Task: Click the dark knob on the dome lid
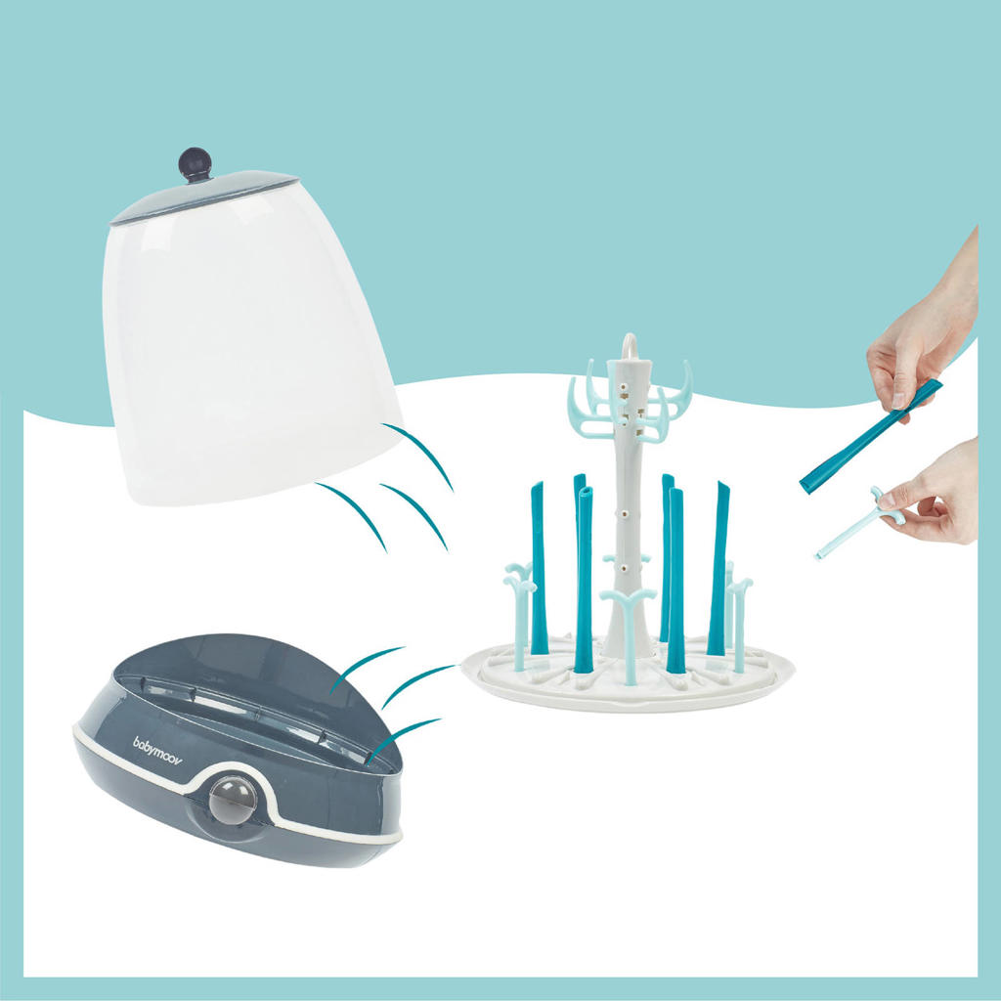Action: [x=195, y=164]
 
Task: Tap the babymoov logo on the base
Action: [x=157, y=751]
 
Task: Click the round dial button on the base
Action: [x=233, y=800]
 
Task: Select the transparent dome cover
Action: [x=252, y=345]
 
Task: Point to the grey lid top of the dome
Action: [x=204, y=196]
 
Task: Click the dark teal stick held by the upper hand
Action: [x=871, y=435]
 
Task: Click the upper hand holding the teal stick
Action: [x=923, y=335]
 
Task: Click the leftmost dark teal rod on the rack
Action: [x=538, y=568]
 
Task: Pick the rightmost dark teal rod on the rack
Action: [x=718, y=568]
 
